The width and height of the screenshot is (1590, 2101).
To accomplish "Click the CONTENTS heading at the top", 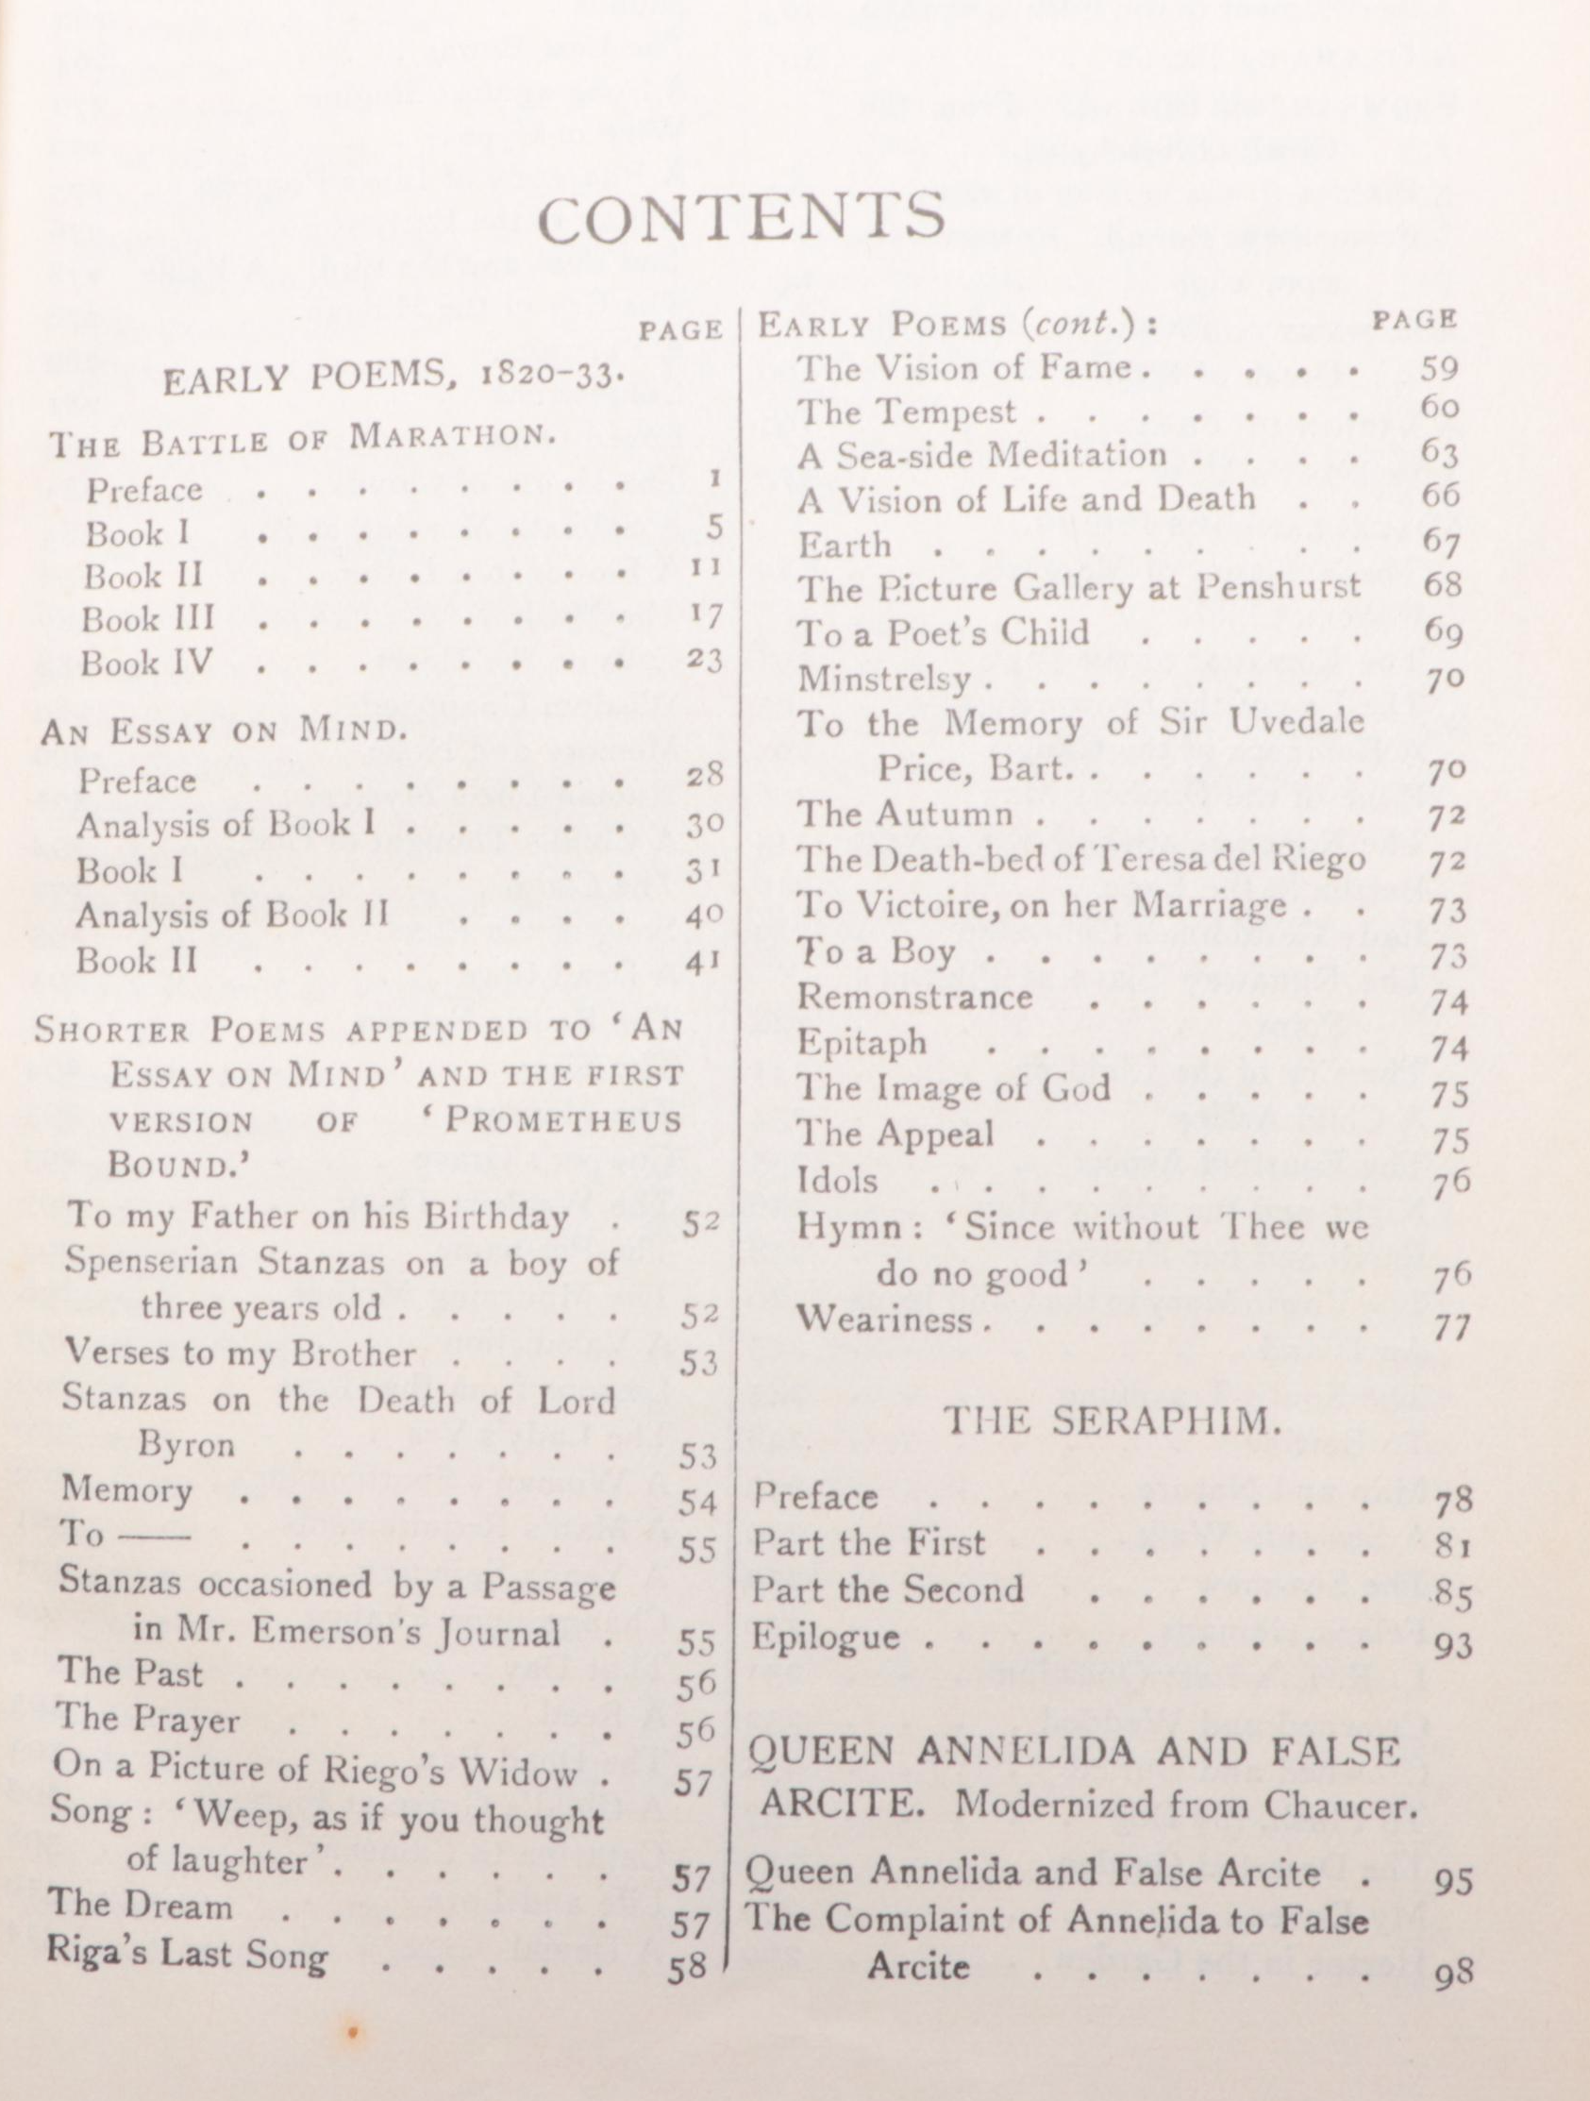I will tap(741, 217).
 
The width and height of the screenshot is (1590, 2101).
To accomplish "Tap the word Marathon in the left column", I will tap(451, 438).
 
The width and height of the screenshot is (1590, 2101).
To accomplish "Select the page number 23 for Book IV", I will tap(704, 659).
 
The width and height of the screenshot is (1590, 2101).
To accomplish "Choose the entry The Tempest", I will tap(906, 412).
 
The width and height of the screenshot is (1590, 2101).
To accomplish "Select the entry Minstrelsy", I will tap(884, 680).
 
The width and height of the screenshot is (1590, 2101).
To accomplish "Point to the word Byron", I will tap(186, 1445).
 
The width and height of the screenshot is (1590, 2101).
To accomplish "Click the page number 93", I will tap(1453, 1644).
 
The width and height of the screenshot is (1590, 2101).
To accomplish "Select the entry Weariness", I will tap(884, 1319).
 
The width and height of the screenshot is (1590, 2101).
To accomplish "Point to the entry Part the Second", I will tap(888, 1589).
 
